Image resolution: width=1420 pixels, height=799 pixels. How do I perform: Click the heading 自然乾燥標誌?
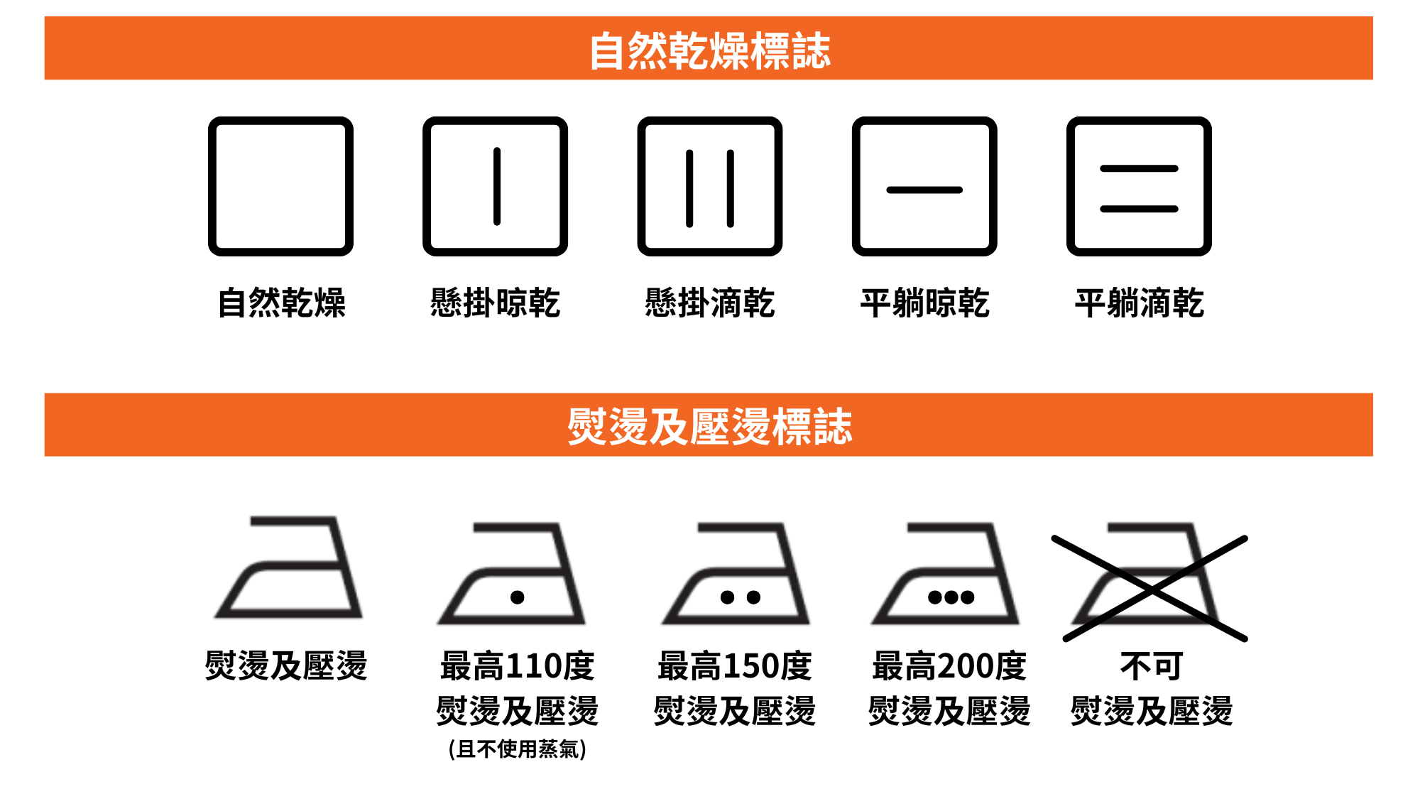pyautogui.click(x=709, y=50)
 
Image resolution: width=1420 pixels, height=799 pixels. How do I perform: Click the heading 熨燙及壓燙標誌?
pyautogui.click(x=709, y=426)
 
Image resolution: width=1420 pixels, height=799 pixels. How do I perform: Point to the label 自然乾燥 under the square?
pyautogui.click(x=281, y=303)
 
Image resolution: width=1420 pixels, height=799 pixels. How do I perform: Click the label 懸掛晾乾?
pyautogui.click(x=496, y=303)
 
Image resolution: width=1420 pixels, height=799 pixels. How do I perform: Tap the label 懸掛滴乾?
pyautogui.click(x=710, y=303)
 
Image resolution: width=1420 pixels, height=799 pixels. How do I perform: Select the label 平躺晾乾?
pyautogui.click(x=924, y=303)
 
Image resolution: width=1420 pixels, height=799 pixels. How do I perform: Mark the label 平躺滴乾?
pyautogui.click(x=1139, y=303)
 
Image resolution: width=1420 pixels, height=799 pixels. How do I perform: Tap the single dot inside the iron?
pyautogui.click(x=518, y=597)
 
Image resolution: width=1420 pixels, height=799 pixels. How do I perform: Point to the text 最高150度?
pyautogui.click(x=735, y=666)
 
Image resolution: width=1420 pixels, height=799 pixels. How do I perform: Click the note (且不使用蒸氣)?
pyautogui.click(x=518, y=749)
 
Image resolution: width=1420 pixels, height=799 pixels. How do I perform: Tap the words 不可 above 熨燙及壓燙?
pyautogui.click(x=1152, y=666)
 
